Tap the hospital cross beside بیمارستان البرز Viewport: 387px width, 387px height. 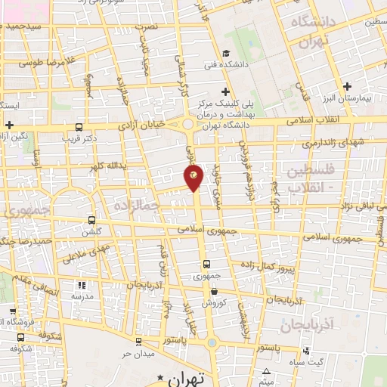(347, 86)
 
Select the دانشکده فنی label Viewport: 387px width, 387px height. (224, 65)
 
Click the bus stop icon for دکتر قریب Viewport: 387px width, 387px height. (79, 128)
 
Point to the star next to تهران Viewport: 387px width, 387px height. (159, 376)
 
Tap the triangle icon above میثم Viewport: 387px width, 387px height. (267, 370)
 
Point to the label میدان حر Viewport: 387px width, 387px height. (139, 354)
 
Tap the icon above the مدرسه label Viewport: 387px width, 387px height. (82, 286)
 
